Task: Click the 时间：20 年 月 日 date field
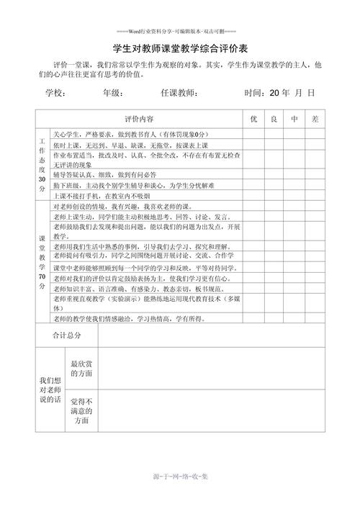(280, 93)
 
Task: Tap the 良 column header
(274, 118)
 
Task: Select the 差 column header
(315, 118)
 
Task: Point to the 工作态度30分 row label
(42, 164)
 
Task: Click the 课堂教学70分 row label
(42, 261)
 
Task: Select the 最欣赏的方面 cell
(81, 370)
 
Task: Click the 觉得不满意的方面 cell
(81, 410)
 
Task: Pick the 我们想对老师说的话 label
(50, 389)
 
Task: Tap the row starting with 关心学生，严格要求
(130, 135)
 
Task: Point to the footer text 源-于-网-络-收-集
(180, 477)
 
